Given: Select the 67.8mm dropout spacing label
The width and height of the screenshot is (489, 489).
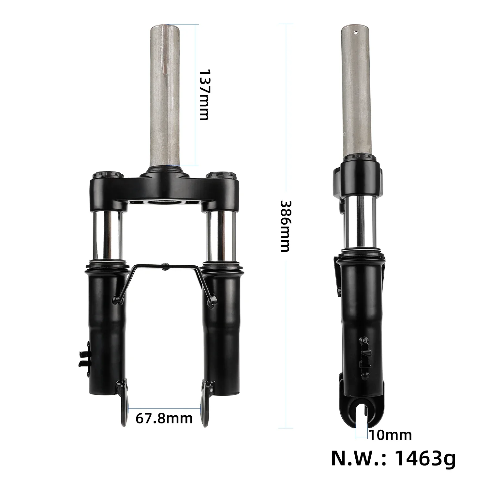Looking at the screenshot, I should pos(164,418).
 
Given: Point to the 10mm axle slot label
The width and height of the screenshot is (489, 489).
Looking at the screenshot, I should pos(391,435).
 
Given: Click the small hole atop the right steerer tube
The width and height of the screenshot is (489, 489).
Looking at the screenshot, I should pos(356,32).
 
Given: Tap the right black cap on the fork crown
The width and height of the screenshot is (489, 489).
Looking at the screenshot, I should pos(222,175).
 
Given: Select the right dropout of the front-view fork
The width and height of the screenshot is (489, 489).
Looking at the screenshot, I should pos(205,404).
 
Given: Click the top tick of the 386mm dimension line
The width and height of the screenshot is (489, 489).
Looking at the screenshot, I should pos(286,24).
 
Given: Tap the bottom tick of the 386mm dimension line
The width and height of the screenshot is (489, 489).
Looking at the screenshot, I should pos(286,428).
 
